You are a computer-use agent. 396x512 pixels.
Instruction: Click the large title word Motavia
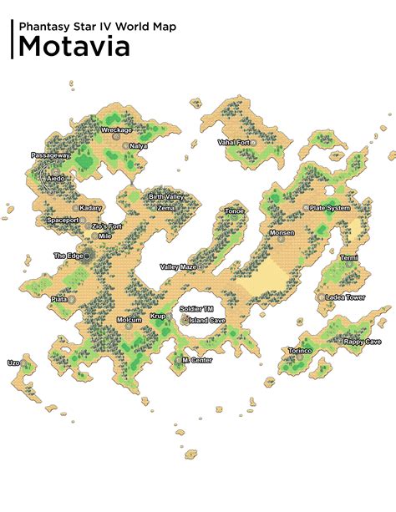[74, 46]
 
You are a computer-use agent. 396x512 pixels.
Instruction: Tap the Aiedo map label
[56, 179]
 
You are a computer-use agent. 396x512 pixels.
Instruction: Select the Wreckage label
[116, 130]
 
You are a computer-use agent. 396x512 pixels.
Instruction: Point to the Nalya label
[138, 145]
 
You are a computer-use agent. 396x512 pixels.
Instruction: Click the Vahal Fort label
[234, 143]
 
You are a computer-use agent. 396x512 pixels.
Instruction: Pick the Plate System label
[329, 208]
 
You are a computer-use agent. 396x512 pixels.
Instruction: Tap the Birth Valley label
[166, 196]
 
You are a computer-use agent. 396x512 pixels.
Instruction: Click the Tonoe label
[235, 211]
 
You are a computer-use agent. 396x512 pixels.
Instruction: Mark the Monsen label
[282, 233]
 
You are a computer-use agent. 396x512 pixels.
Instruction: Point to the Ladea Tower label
[345, 297]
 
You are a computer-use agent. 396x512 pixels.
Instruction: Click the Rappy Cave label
[363, 341]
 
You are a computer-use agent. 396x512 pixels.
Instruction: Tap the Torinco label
[300, 351]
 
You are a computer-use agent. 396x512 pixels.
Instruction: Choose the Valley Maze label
[178, 267]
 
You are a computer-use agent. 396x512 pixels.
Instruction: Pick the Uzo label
[13, 363]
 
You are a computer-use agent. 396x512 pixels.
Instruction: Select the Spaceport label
[63, 221]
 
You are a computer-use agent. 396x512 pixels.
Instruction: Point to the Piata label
[59, 298]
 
